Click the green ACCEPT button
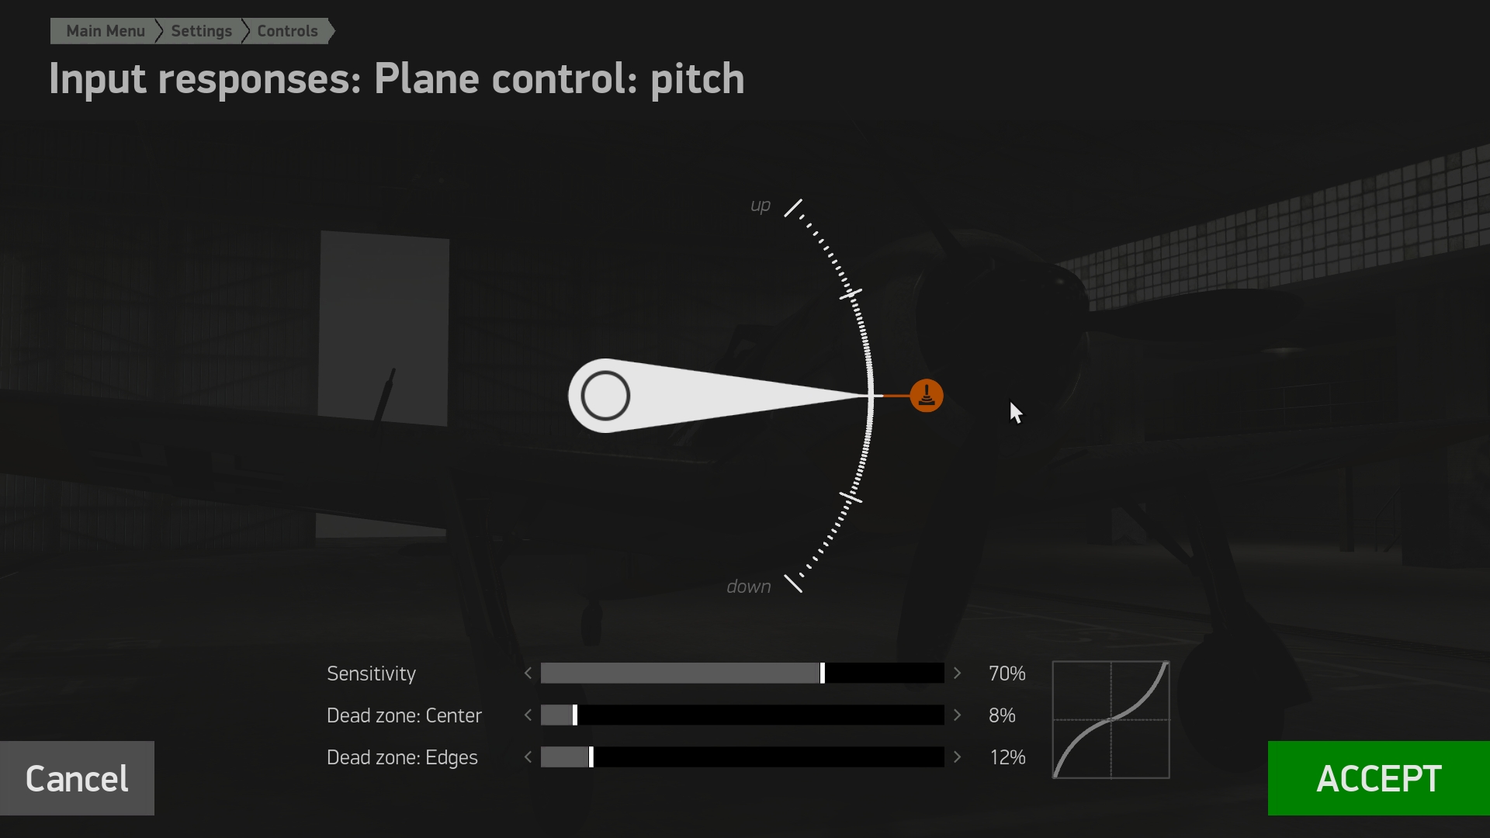click(1379, 778)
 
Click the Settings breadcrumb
click(201, 31)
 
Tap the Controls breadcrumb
click(287, 31)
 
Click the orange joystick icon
click(927, 396)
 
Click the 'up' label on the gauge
click(761, 206)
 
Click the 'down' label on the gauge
click(749, 587)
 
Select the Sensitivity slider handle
click(823, 674)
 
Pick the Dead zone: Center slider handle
click(575, 715)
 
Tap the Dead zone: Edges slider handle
click(591, 757)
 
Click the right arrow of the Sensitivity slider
click(958, 674)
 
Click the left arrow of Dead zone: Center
click(528, 715)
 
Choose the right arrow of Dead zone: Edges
click(958, 757)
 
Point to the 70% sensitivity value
click(1007, 674)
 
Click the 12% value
click(1007, 757)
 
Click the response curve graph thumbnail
click(1111, 719)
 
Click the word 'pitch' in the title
click(697, 79)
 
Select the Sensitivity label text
click(371, 674)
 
